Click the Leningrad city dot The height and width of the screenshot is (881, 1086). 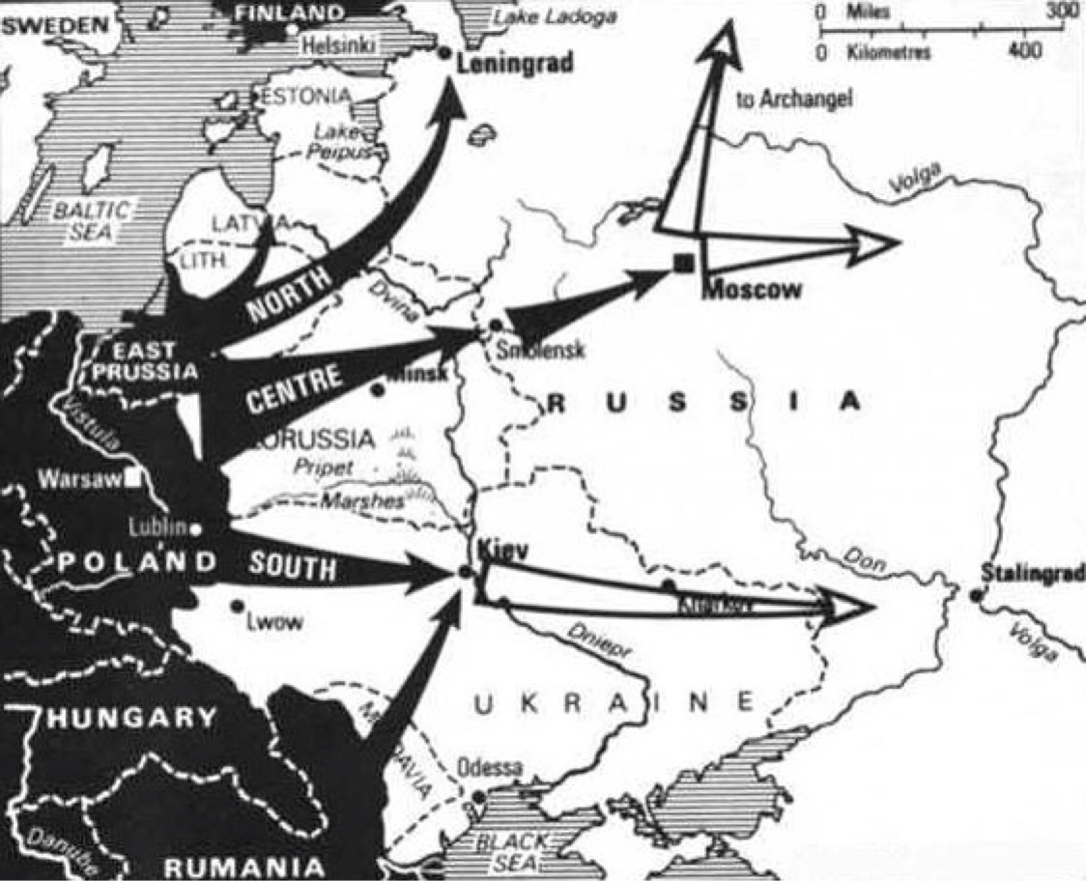[x=444, y=53]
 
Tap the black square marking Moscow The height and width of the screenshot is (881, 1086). [x=683, y=262]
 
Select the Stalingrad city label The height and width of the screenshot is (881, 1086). [x=1032, y=573]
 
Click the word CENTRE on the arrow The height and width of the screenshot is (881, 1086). [x=294, y=388]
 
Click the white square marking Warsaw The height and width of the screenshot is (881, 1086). [x=142, y=476]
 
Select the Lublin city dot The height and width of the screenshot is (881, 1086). [x=196, y=528]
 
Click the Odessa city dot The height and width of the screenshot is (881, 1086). [x=478, y=798]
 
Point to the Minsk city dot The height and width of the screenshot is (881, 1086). [x=378, y=389]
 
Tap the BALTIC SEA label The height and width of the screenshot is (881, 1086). [x=83, y=219]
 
